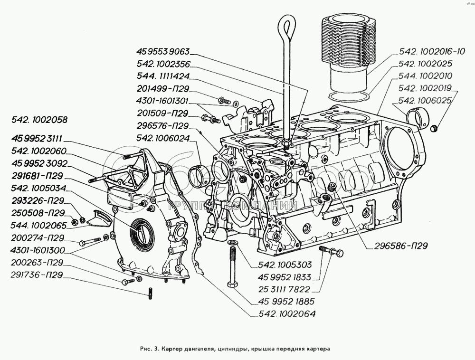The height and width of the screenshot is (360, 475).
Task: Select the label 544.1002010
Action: (426, 76)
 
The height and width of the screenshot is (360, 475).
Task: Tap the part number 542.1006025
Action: (426, 101)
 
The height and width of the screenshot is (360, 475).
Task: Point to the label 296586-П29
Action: (400, 246)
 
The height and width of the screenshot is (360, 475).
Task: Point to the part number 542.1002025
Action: (426, 64)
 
